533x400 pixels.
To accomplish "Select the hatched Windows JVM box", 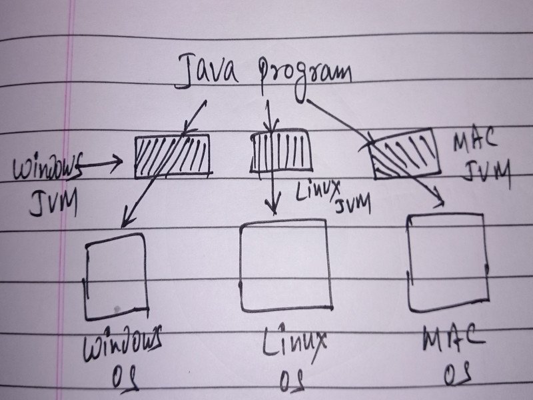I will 172,156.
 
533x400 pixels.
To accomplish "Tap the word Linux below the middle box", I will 292,342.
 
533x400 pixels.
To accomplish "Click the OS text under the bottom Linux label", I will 291,380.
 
